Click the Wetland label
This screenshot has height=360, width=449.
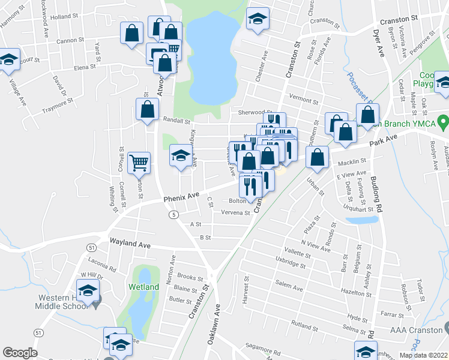pyautogui.click(x=143, y=287)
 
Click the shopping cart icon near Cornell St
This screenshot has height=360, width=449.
pyautogui.click(x=139, y=162)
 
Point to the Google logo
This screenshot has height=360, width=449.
pyautogui.click(x=20, y=353)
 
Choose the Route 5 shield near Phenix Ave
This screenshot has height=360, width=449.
pyautogui.click(x=173, y=214)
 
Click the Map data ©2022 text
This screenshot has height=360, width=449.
pyautogui.click(x=423, y=355)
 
